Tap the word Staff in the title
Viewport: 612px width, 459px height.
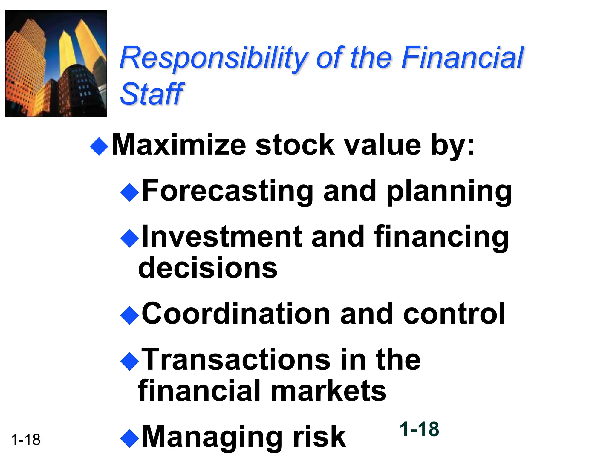point(152,94)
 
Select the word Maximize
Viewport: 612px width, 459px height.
point(178,145)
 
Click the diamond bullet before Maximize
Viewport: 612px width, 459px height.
point(99,146)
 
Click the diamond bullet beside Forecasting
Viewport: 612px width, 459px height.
point(129,192)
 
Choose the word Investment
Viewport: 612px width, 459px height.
point(222,237)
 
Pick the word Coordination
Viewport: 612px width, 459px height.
point(236,313)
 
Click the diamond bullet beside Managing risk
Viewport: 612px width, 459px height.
point(129,438)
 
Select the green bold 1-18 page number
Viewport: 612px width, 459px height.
point(419,429)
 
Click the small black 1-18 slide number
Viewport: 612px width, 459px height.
point(26,440)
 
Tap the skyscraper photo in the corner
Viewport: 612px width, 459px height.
point(56,64)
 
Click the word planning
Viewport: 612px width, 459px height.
point(449,191)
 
